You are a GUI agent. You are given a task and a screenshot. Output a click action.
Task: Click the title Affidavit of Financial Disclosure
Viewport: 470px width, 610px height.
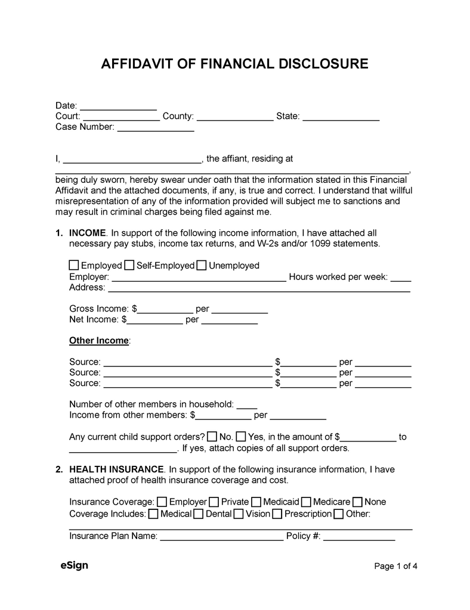coord(234,64)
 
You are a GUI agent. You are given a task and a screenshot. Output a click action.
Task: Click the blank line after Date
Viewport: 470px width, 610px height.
coord(118,106)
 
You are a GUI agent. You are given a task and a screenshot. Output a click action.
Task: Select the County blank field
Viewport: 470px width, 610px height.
coord(235,117)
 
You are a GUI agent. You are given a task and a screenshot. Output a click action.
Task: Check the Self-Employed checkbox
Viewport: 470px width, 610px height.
coord(129,265)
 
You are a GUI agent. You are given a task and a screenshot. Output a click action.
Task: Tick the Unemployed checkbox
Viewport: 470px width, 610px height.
coord(202,265)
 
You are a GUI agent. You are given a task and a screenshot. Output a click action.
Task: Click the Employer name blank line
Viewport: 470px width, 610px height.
coord(199,277)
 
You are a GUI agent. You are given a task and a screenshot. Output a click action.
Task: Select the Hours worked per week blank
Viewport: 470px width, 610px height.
coord(401,277)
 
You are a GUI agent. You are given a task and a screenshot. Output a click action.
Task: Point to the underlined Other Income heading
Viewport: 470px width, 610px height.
coord(99,341)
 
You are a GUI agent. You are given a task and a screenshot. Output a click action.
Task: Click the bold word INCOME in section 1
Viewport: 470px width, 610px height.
coord(88,233)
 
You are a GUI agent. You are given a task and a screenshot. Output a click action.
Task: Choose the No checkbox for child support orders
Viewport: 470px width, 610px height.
coord(212,437)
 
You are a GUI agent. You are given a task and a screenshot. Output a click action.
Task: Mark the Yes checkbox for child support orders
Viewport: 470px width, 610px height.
coord(241,437)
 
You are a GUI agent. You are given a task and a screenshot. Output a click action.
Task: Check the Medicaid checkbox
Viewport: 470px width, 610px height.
coord(256,502)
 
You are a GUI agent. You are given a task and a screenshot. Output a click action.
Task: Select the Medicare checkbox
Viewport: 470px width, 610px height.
coord(306,502)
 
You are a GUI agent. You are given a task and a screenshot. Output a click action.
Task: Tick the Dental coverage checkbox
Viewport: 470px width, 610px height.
coord(199,513)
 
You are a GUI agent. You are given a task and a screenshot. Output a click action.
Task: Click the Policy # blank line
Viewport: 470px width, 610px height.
coord(358,536)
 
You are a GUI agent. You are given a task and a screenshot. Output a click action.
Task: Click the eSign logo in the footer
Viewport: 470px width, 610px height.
coord(74,565)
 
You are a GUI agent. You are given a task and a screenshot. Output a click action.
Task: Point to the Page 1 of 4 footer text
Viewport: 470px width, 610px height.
coord(395,567)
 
